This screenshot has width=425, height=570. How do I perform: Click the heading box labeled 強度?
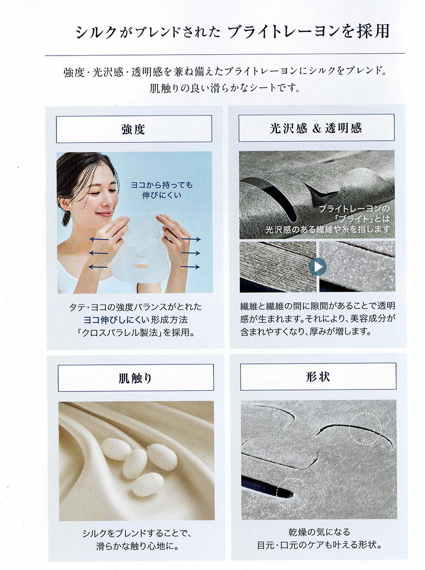[x=134, y=129]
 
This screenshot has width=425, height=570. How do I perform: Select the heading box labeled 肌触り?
[x=136, y=378]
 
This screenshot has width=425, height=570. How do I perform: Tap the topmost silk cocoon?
[x=116, y=449]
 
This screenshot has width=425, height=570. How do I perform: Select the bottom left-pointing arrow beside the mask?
[x=98, y=267]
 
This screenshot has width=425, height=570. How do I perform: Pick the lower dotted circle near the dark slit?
[x=293, y=494]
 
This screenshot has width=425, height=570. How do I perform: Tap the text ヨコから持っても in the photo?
[x=162, y=185]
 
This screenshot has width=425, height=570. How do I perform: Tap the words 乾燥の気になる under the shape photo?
[x=319, y=532]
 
